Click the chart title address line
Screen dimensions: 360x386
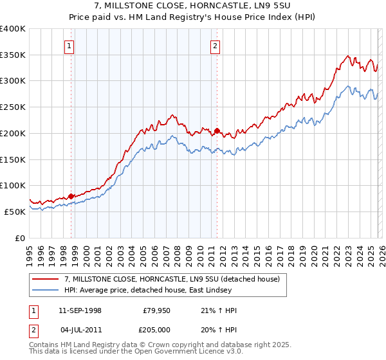click(x=193, y=7)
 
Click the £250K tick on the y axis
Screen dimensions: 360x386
click(x=13, y=107)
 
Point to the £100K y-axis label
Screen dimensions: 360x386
click(x=13, y=185)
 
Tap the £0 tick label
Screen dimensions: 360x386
click(x=19, y=237)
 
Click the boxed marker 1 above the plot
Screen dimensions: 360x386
click(x=69, y=46)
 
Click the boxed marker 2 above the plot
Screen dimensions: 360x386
click(x=214, y=46)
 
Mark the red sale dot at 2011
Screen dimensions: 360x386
click(x=217, y=130)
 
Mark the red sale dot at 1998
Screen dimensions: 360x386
click(x=71, y=196)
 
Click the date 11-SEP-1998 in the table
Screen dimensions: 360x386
click(x=80, y=310)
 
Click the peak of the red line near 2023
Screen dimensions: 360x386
click(x=347, y=56)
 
